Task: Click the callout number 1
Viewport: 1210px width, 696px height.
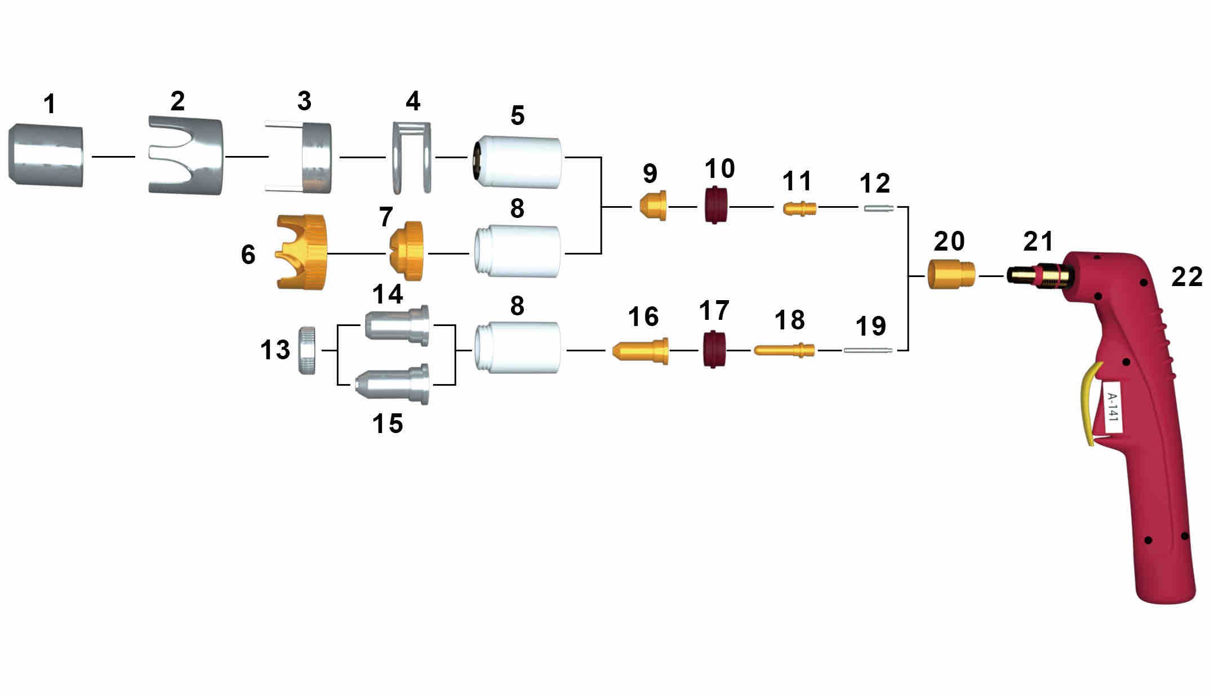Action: (50, 104)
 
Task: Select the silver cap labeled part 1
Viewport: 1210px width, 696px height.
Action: (46, 157)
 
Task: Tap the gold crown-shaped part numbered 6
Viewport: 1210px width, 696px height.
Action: (301, 252)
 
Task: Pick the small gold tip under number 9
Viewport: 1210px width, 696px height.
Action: (653, 206)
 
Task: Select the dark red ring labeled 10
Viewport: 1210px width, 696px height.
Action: (715, 205)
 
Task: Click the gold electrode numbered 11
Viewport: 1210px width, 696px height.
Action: (799, 208)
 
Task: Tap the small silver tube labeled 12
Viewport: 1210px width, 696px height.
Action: (878, 208)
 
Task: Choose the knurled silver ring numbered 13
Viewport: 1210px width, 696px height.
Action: (306, 350)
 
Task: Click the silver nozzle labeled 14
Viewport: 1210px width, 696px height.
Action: (397, 325)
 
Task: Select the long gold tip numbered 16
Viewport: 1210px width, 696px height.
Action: (640, 350)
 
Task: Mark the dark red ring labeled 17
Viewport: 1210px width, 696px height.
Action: (714, 350)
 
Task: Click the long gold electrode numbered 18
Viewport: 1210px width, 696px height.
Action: (784, 350)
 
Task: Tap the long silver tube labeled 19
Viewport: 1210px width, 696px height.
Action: (868, 350)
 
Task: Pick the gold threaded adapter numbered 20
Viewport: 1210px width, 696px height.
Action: (951, 275)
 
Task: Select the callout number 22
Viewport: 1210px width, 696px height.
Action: (1187, 277)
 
